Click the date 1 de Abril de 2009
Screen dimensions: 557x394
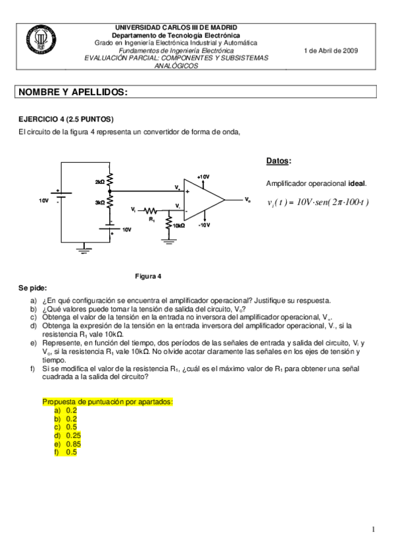(332, 51)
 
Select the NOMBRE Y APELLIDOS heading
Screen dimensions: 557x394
(73, 93)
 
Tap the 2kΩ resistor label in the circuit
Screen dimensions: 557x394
(100, 181)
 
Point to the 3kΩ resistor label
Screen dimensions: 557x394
(100, 203)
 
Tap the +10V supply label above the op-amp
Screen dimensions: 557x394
(204, 177)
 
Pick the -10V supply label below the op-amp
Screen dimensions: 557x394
(204, 225)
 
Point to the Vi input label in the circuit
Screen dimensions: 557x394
(134, 209)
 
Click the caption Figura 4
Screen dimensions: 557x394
(148, 276)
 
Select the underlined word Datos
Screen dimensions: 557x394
(279, 161)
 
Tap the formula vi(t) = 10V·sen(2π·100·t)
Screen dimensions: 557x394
(318, 202)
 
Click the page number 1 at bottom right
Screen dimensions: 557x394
(373, 529)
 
